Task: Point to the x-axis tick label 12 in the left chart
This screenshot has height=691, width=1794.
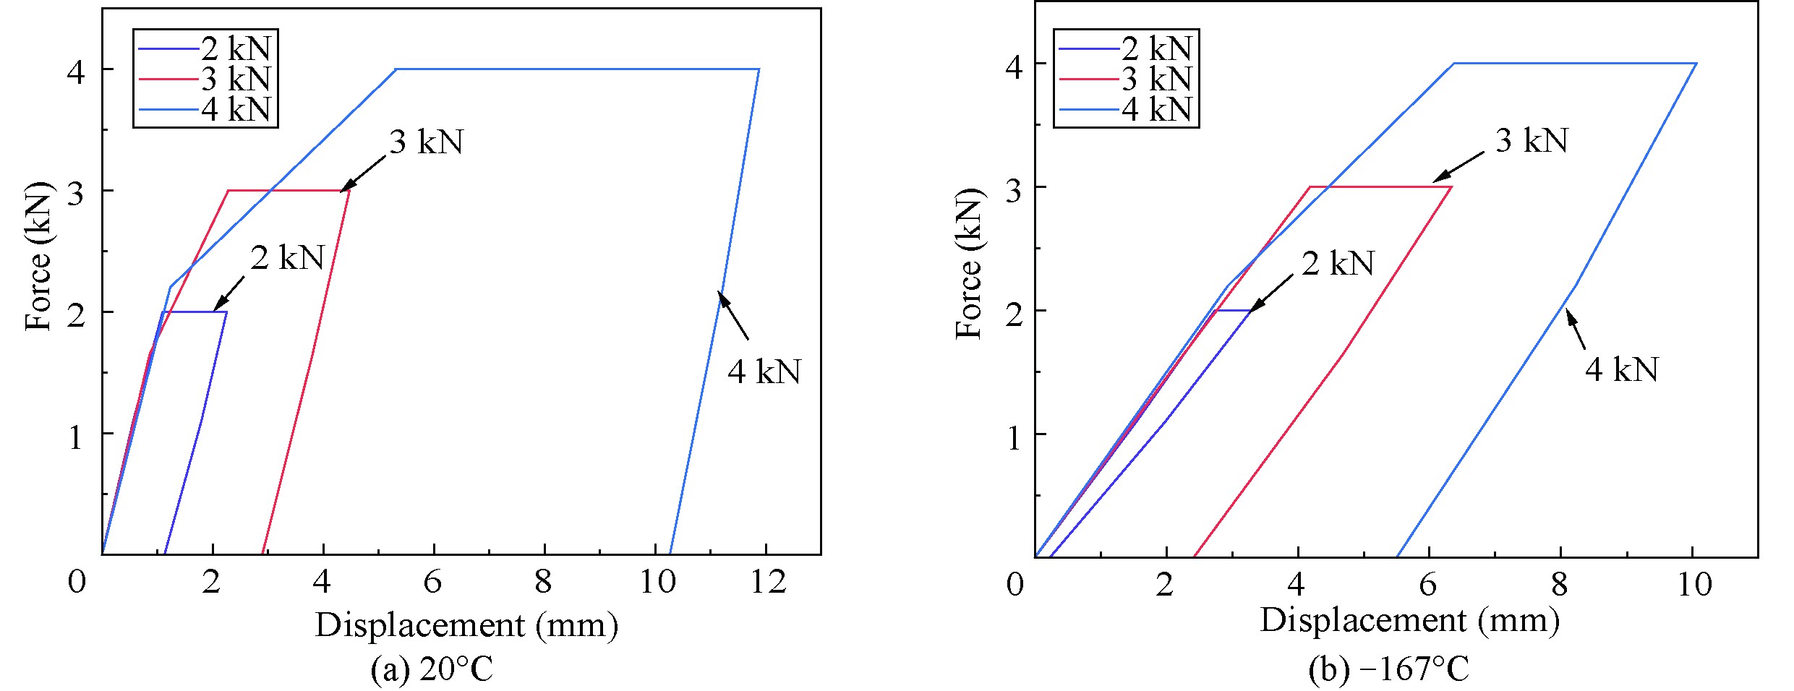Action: click(x=767, y=581)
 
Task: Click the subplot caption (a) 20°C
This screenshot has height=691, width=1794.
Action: click(x=432, y=669)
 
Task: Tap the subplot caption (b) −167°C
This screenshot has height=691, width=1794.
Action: click(x=1388, y=669)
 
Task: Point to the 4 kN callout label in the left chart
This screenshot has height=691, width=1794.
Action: click(x=764, y=372)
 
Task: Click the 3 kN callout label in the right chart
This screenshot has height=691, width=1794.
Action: click(x=1531, y=140)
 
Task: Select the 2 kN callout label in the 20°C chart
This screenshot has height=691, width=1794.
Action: click(x=287, y=258)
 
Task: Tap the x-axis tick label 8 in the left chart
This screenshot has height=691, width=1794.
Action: click(x=544, y=581)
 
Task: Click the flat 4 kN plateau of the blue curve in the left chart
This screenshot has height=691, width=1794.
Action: click(x=578, y=69)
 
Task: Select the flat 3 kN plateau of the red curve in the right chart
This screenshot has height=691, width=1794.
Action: click(x=1381, y=187)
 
